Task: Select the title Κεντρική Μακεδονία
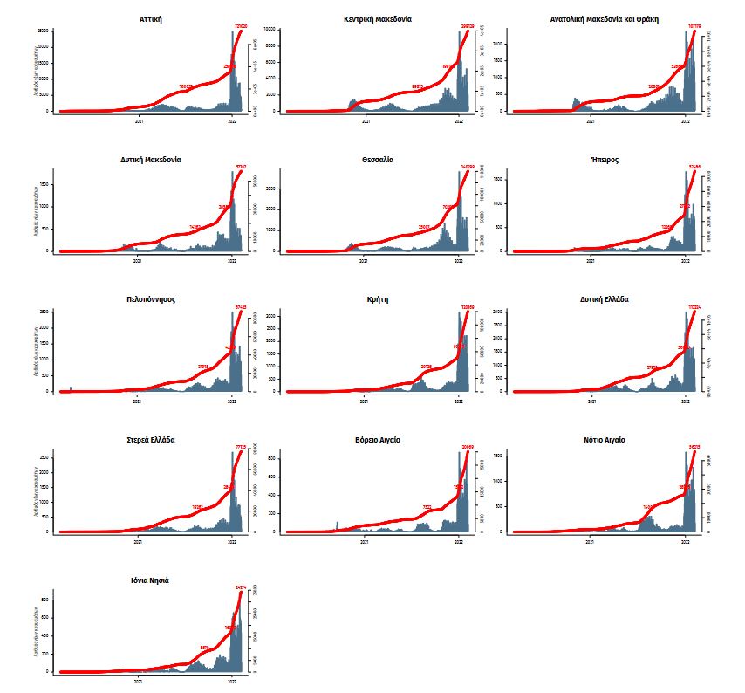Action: tap(378, 18)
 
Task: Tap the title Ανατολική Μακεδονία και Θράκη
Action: tap(604, 18)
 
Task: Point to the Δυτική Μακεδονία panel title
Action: tap(151, 159)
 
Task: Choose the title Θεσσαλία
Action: tap(376, 159)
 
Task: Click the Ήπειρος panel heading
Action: tap(604, 159)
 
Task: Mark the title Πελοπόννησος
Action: tap(151, 298)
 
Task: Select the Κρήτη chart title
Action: tap(378, 298)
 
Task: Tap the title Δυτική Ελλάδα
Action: tap(604, 298)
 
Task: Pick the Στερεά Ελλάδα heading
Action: tap(151, 439)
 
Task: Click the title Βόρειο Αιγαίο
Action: tap(378, 439)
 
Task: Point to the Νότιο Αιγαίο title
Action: tap(604, 439)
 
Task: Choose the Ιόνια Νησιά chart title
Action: tap(151, 579)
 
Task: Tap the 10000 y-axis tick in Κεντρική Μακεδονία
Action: tap(269, 30)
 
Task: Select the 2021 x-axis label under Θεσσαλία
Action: tap(365, 260)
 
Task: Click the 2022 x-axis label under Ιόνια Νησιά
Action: tap(231, 681)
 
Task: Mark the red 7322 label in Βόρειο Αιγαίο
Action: tap(427, 507)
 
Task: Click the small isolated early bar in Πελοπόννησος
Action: tap(71, 388)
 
